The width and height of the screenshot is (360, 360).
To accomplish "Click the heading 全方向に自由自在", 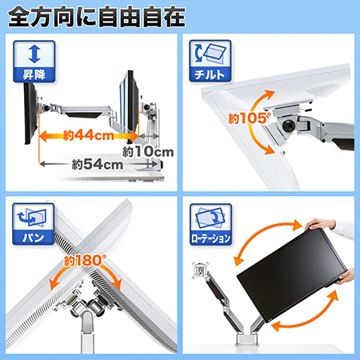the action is pyautogui.click(x=97, y=17).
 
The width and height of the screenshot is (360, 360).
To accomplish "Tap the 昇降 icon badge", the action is pyautogui.click(x=34, y=62).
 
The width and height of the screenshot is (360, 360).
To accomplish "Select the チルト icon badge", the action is pyautogui.click(x=210, y=61).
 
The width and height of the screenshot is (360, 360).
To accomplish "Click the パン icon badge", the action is pyautogui.click(x=34, y=224).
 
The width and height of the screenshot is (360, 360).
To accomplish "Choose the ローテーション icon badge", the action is pyautogui.click(x=210, y=225).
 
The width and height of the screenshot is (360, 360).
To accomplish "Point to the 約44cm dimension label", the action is pyautogui.click(x=89, y=135).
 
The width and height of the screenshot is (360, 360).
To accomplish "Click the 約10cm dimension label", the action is pyautogui.click(x=148, y=152).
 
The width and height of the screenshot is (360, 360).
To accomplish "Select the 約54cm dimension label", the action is pyautogui.click(x=98, y=165).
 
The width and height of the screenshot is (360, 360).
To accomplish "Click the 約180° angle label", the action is pyautogui.click(x=85, y=260).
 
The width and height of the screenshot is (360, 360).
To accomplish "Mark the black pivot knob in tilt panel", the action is pyautogui.click(x=289, y=126).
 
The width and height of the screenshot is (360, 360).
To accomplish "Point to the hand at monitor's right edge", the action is pyautogui.click(x=345, y=278).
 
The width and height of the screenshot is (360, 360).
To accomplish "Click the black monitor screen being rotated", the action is pyautogui.click(x=292, y=274).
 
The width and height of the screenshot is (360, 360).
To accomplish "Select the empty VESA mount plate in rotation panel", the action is pyautogui.click(x=201, y=271).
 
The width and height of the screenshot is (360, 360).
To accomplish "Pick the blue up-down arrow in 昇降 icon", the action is pyautogui.click(x=34, y=54).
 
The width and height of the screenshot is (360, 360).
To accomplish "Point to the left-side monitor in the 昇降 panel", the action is pyautogui.click(x=30, y=114).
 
